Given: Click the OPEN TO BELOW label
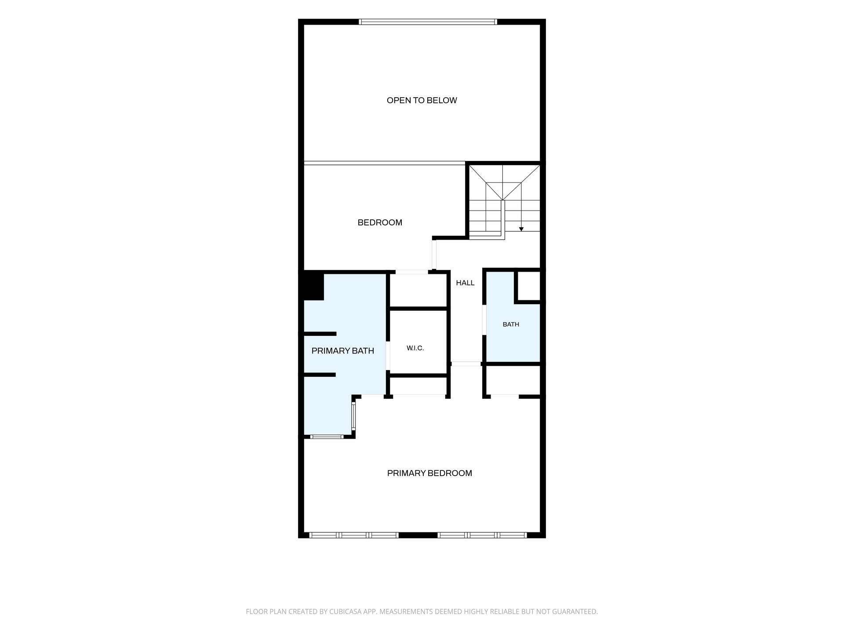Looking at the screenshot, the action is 422,100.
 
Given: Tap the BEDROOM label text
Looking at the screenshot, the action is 380,222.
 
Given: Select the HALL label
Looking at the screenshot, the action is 465,283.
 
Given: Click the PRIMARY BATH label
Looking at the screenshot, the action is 342,351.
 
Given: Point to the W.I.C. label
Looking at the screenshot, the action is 415,348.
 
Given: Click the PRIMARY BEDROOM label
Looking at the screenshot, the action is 429,473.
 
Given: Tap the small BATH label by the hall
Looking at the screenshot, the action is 511,324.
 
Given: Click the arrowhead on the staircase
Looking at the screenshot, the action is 521,229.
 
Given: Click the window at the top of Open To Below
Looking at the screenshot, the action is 428,22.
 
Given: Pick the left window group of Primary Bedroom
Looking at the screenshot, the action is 354,535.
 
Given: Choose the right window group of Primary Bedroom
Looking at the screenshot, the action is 482,535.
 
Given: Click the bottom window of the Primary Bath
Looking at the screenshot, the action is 327,437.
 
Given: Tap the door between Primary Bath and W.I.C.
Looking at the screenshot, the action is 388,356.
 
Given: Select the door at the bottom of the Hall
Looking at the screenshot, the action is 466,364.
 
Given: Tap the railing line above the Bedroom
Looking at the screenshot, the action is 385,164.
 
